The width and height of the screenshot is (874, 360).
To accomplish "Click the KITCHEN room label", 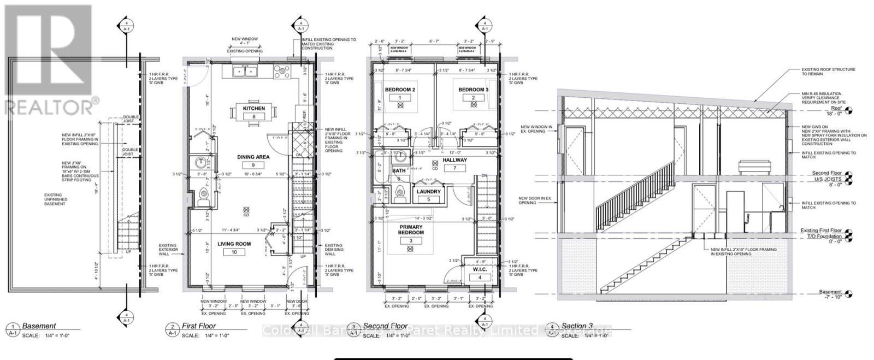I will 254,108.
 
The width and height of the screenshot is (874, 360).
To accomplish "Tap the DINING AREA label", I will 253,157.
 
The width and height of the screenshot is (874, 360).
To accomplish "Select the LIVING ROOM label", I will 234,244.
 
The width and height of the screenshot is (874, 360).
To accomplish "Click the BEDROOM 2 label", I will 400,90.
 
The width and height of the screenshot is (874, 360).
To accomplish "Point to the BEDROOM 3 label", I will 473,90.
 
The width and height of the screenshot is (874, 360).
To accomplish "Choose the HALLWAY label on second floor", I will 454,160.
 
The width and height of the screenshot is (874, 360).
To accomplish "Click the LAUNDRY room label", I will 428,192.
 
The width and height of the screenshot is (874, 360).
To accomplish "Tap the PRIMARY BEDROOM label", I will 411,229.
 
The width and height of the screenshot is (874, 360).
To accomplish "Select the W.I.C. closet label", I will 480,269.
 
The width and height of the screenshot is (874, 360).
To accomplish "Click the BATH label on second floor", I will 399,171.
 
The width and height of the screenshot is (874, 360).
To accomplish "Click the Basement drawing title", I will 39,326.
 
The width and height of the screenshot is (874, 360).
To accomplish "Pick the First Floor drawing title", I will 199,326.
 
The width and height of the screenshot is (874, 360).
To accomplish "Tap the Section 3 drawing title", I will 577,326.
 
